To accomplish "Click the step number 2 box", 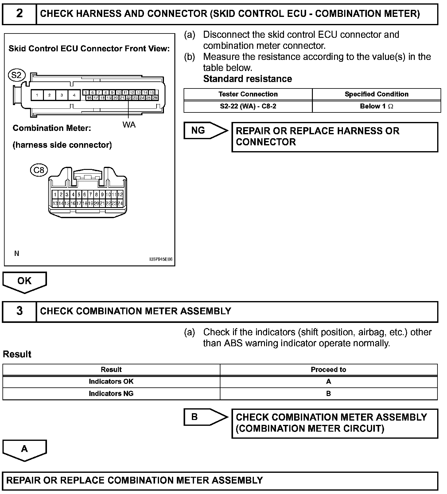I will coord(19,14).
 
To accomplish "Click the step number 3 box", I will coord(19,311).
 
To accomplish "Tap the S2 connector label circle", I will coord(17,75).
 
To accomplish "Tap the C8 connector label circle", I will coord(39,170).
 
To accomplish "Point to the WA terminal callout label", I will coord(129,124).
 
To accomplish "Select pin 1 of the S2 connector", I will coord(37,95).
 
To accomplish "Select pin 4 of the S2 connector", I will coord(74,95).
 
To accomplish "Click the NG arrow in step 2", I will coord(205,131).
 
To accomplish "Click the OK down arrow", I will coord(25,282).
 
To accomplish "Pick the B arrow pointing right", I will coord(205,417).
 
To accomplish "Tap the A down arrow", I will coord(25,450).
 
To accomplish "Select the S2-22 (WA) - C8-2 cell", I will coord(248,106).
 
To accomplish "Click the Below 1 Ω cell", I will coord(376,106).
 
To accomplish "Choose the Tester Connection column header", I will coord(248,94).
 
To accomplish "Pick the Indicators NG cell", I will coord(111,394).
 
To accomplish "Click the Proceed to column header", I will coord(328,370).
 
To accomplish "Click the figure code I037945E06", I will coord(161,259).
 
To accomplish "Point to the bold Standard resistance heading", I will coord(247,79).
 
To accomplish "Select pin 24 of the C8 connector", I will coord(120,203).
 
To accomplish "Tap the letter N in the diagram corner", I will coord(17,253).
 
